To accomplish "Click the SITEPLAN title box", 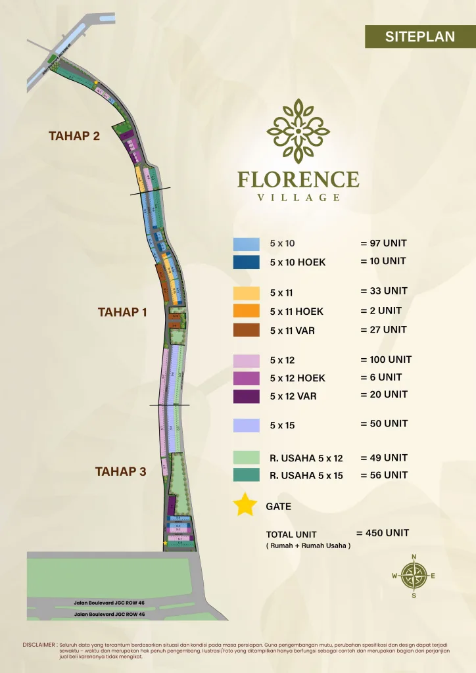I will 420,37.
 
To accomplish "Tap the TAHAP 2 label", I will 74,136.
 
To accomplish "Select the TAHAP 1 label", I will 123,312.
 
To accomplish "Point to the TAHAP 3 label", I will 120,471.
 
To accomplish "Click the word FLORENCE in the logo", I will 298,179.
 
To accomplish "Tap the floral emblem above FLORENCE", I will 298,130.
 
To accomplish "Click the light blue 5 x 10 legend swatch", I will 243,244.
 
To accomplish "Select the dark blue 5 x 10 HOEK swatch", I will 243,262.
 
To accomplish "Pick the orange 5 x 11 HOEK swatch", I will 243,311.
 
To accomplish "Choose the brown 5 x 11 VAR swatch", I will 243,330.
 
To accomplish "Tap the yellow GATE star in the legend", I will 245,505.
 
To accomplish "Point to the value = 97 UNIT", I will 383,243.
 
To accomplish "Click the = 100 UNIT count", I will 386,360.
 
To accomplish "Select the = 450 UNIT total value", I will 383,533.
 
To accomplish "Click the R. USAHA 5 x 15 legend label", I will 306,475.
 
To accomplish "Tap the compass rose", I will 414,576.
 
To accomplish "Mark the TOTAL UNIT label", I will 291,534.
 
